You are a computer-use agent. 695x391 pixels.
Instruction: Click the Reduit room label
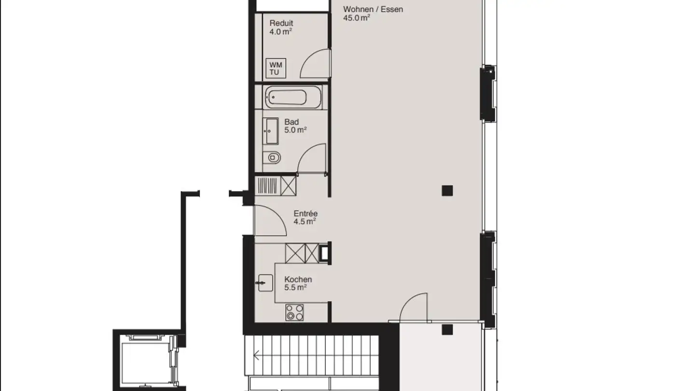coord(281,23)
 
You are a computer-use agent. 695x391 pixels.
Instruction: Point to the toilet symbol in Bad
coord(273,157)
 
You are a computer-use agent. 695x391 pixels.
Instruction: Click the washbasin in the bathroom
coord(271,131)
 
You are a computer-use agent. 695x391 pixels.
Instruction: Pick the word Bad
coord(292,122)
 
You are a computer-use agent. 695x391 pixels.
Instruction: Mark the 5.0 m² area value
coord(295,130)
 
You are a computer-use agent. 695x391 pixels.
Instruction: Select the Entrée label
coord(306,214)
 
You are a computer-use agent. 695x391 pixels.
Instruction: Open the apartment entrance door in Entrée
coord(269,220)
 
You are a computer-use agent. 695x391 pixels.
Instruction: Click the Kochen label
coord(298,279)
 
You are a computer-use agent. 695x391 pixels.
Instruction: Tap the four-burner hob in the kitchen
coord(294,312)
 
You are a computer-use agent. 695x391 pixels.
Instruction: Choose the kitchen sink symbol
coord(265,283)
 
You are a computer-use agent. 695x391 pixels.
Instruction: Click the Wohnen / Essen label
coord(373,9)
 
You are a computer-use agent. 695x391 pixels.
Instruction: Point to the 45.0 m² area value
coord(357,18)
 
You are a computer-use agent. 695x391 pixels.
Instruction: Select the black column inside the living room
coord(447,191)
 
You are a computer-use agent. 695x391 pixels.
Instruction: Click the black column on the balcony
coord(447,330)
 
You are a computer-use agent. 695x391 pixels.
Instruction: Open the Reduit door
coord(315,64)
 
